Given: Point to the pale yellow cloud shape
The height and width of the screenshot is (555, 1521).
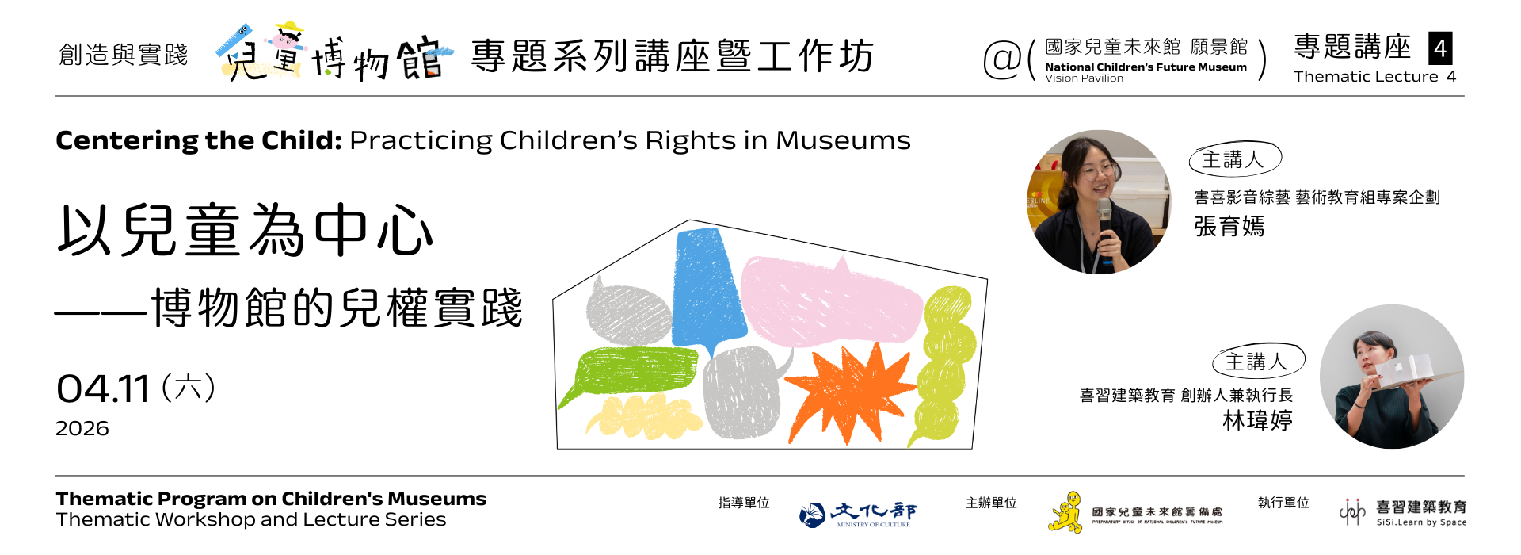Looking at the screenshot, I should [x=642, y=416].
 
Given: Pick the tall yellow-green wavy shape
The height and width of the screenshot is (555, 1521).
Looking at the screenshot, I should [x=947, y=357].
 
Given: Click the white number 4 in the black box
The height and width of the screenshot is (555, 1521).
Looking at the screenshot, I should [x=1440, y=48].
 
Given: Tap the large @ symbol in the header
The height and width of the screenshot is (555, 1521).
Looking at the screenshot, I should [x=1002, y=59].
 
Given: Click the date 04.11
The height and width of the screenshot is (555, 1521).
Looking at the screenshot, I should [x=103, y=389].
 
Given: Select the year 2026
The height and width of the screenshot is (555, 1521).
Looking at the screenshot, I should [x=82, y=429].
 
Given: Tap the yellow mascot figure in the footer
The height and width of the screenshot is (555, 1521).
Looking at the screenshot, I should [x=1066, y=512].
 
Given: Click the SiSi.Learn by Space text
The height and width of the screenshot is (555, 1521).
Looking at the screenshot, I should [x=1421, y=522].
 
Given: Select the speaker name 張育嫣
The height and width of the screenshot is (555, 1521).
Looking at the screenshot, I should [x=1229, y=227].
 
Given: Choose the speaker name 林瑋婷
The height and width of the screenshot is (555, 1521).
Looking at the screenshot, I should [x=1257, y=420].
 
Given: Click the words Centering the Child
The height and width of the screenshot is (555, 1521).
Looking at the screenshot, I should [x=198, y=140].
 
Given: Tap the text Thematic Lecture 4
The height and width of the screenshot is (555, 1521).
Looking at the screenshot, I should [x=1374, y=77].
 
